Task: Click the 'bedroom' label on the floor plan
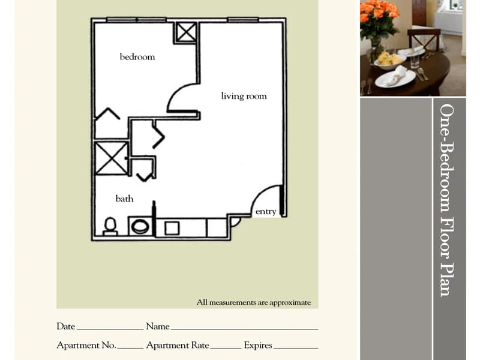click(x=137, y=57)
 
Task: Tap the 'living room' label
click(x=244, y=96)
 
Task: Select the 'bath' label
click(x=125, y=199)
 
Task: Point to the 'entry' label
click(x=266, y=212)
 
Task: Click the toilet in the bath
click(x=110, y=226)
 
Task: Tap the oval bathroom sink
click(x=140, y=227)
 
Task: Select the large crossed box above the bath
click(x=111, y=158)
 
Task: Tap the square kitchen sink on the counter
click(x=172, y=228)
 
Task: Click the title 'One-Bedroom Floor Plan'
click(x=447, y=200)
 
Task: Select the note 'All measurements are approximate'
click(x=254, y=302)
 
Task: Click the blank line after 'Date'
click(x=110, y=329)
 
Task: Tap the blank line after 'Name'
click(x=244, y=329)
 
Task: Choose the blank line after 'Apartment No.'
click(x=130, y=349)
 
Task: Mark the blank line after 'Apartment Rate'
click(x=226, y=349)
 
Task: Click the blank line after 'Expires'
click(x=296, y=349)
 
